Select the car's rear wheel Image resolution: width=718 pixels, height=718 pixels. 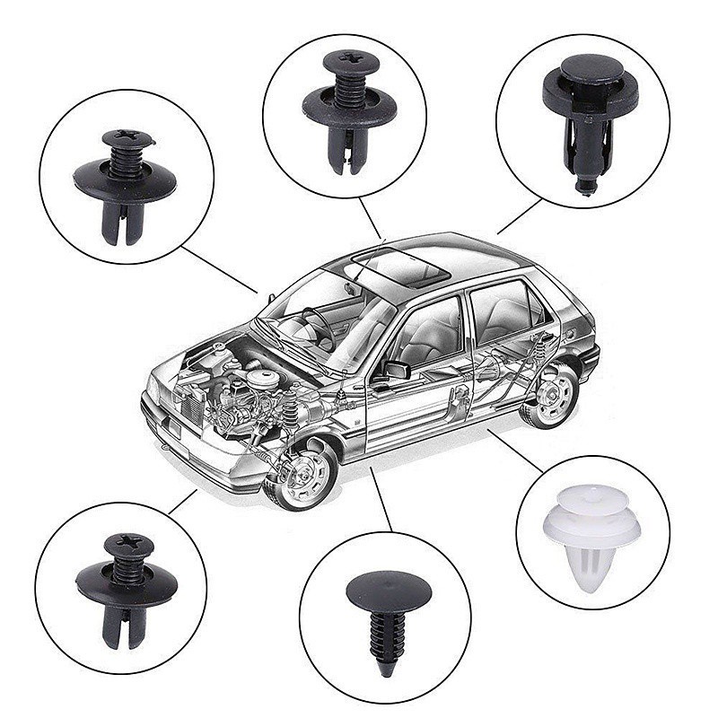[550, 396]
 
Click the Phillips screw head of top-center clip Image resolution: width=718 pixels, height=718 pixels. [348, 59]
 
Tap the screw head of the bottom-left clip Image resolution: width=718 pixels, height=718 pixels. [128, 544]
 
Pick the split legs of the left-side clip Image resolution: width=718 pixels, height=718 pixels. [120, 225]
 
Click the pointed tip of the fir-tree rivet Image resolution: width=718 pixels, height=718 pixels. [387, 669]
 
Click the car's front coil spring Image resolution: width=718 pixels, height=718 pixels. [290, 412]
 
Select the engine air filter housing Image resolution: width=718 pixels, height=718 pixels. [261, 376]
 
